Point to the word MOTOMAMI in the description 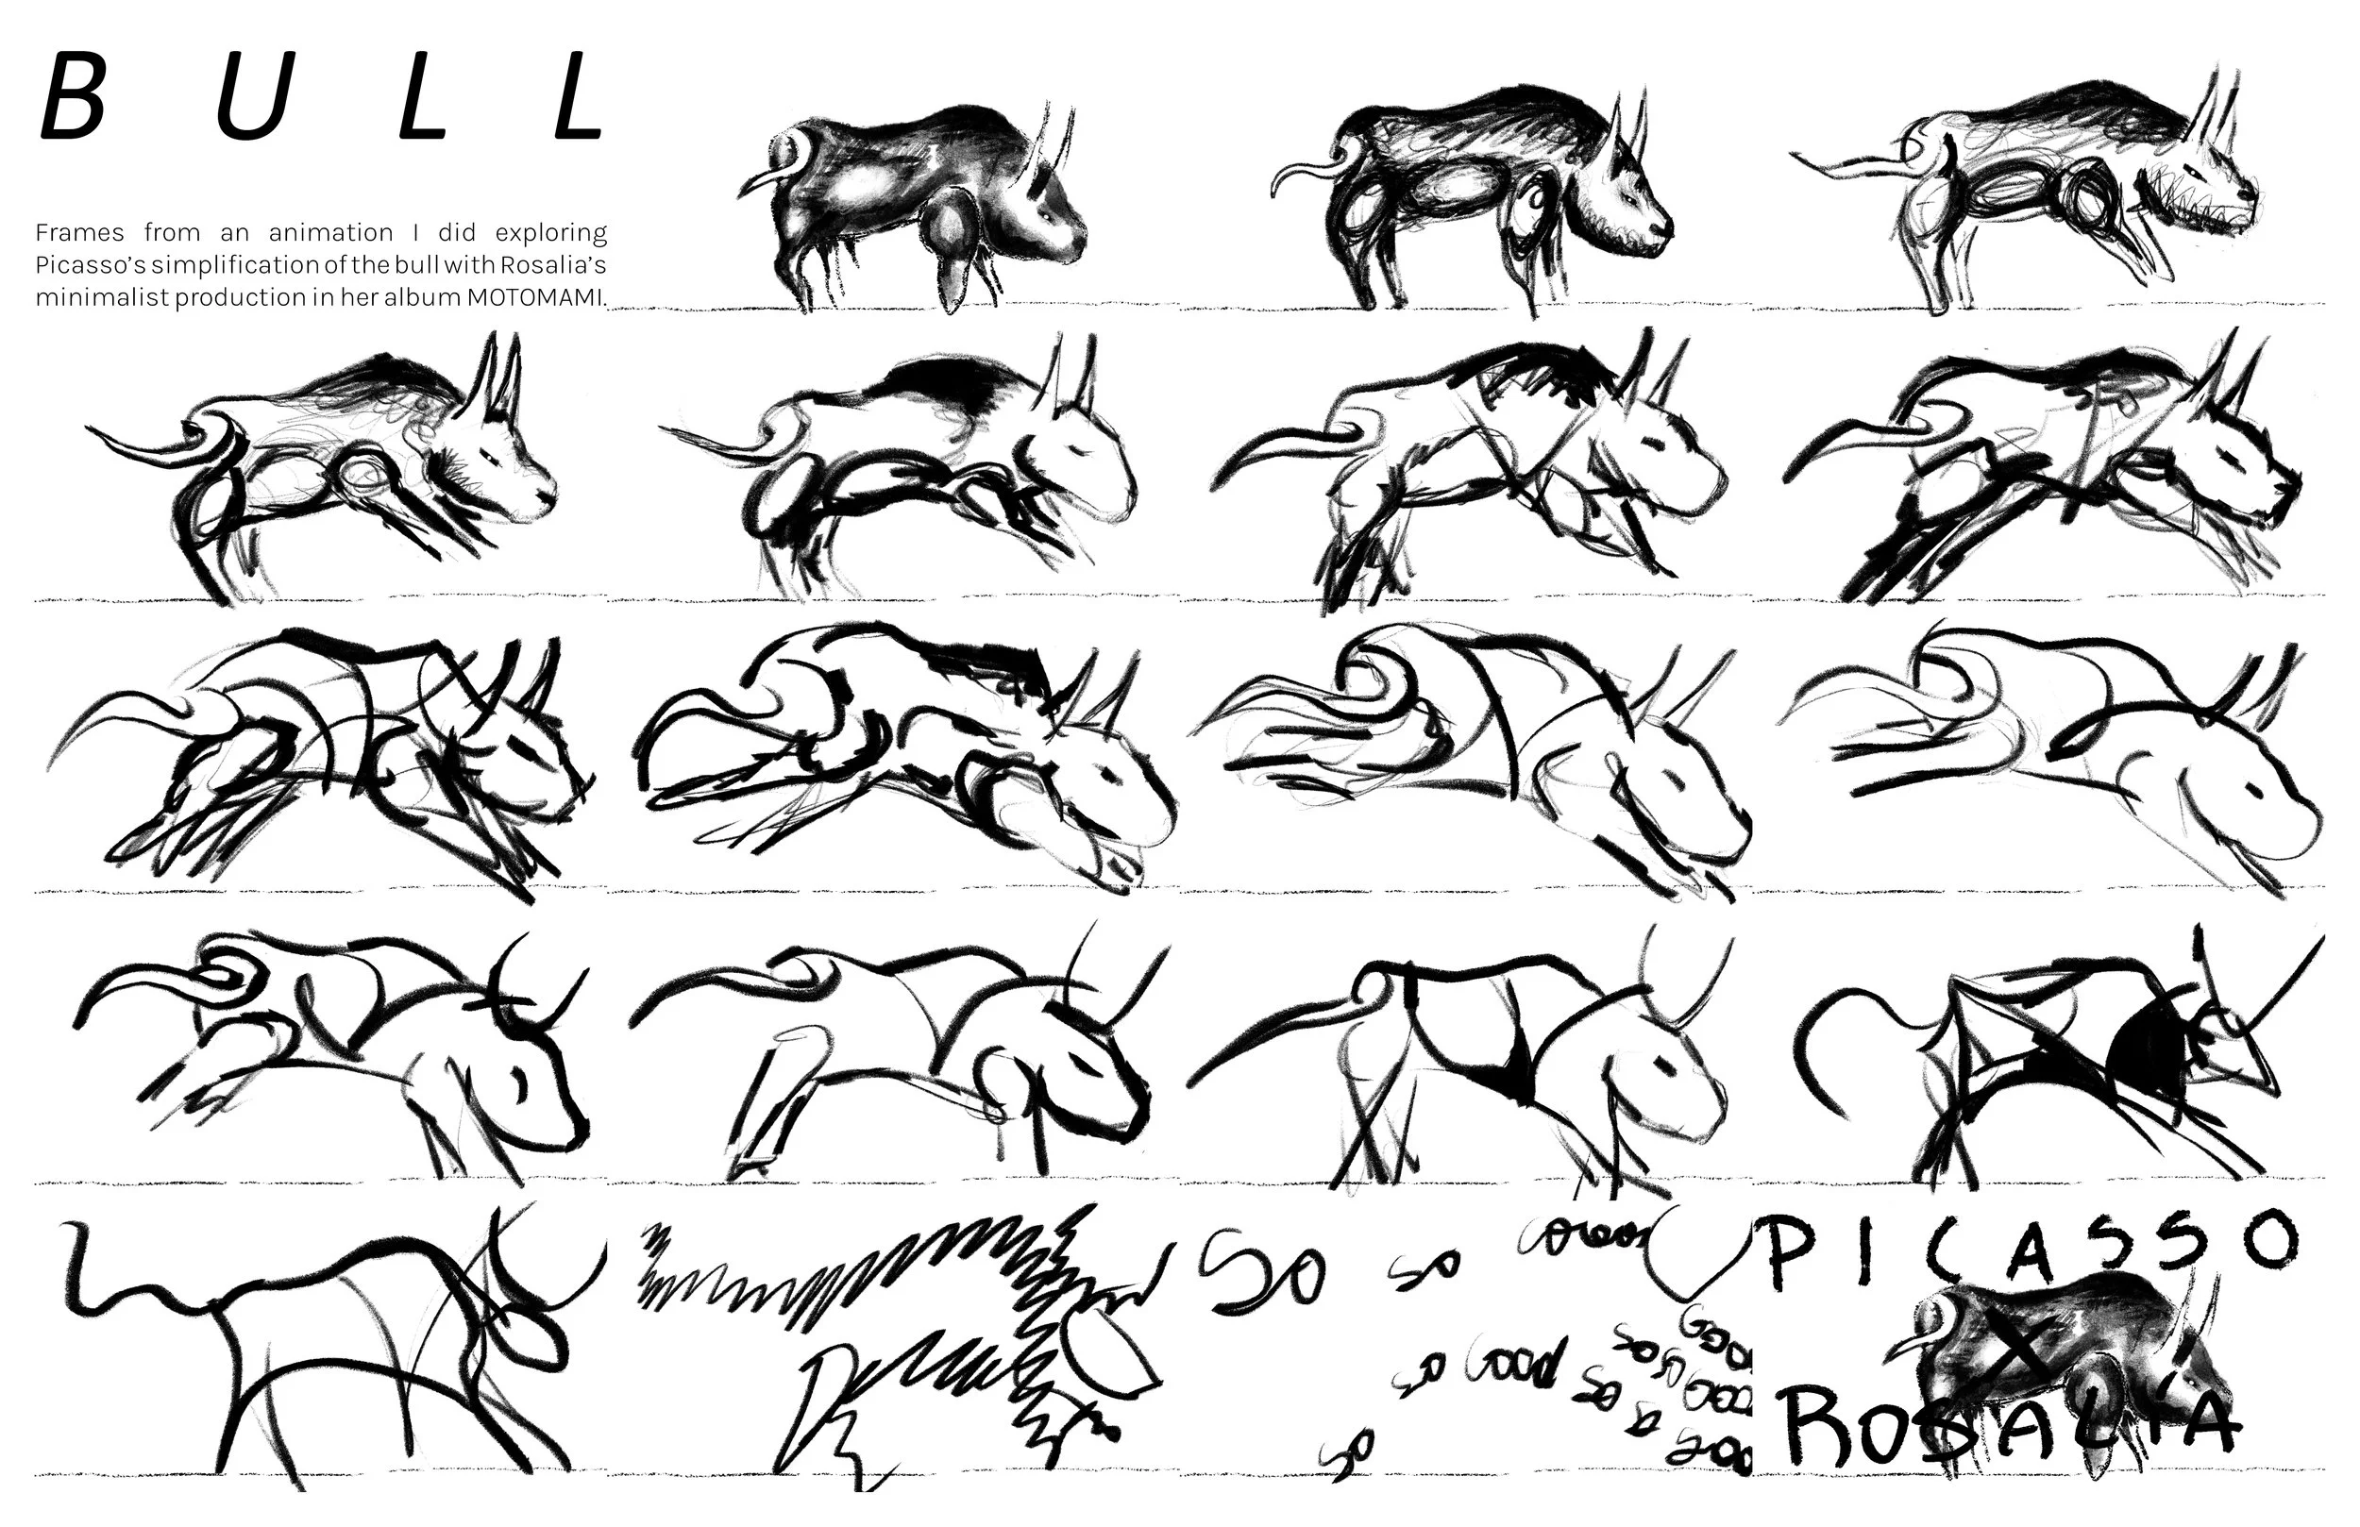534,297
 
